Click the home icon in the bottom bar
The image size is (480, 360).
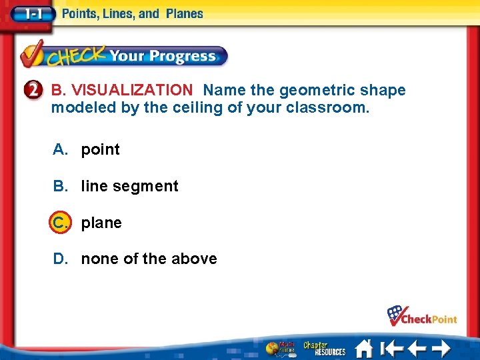coord(363,349)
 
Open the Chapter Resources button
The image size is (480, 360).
coord(325,349)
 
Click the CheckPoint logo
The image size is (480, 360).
coord(422,315)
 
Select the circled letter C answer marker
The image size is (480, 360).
coord(59,223)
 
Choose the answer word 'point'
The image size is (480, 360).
coord(101,150)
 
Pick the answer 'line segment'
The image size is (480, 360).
coord(130,187)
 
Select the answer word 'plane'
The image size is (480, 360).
coord(101,223)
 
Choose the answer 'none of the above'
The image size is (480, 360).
coord(149,259)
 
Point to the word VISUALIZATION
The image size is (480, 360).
coord(131,90)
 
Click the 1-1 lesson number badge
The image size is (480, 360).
coord(31,13)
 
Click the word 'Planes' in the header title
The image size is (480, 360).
coord(183,13)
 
